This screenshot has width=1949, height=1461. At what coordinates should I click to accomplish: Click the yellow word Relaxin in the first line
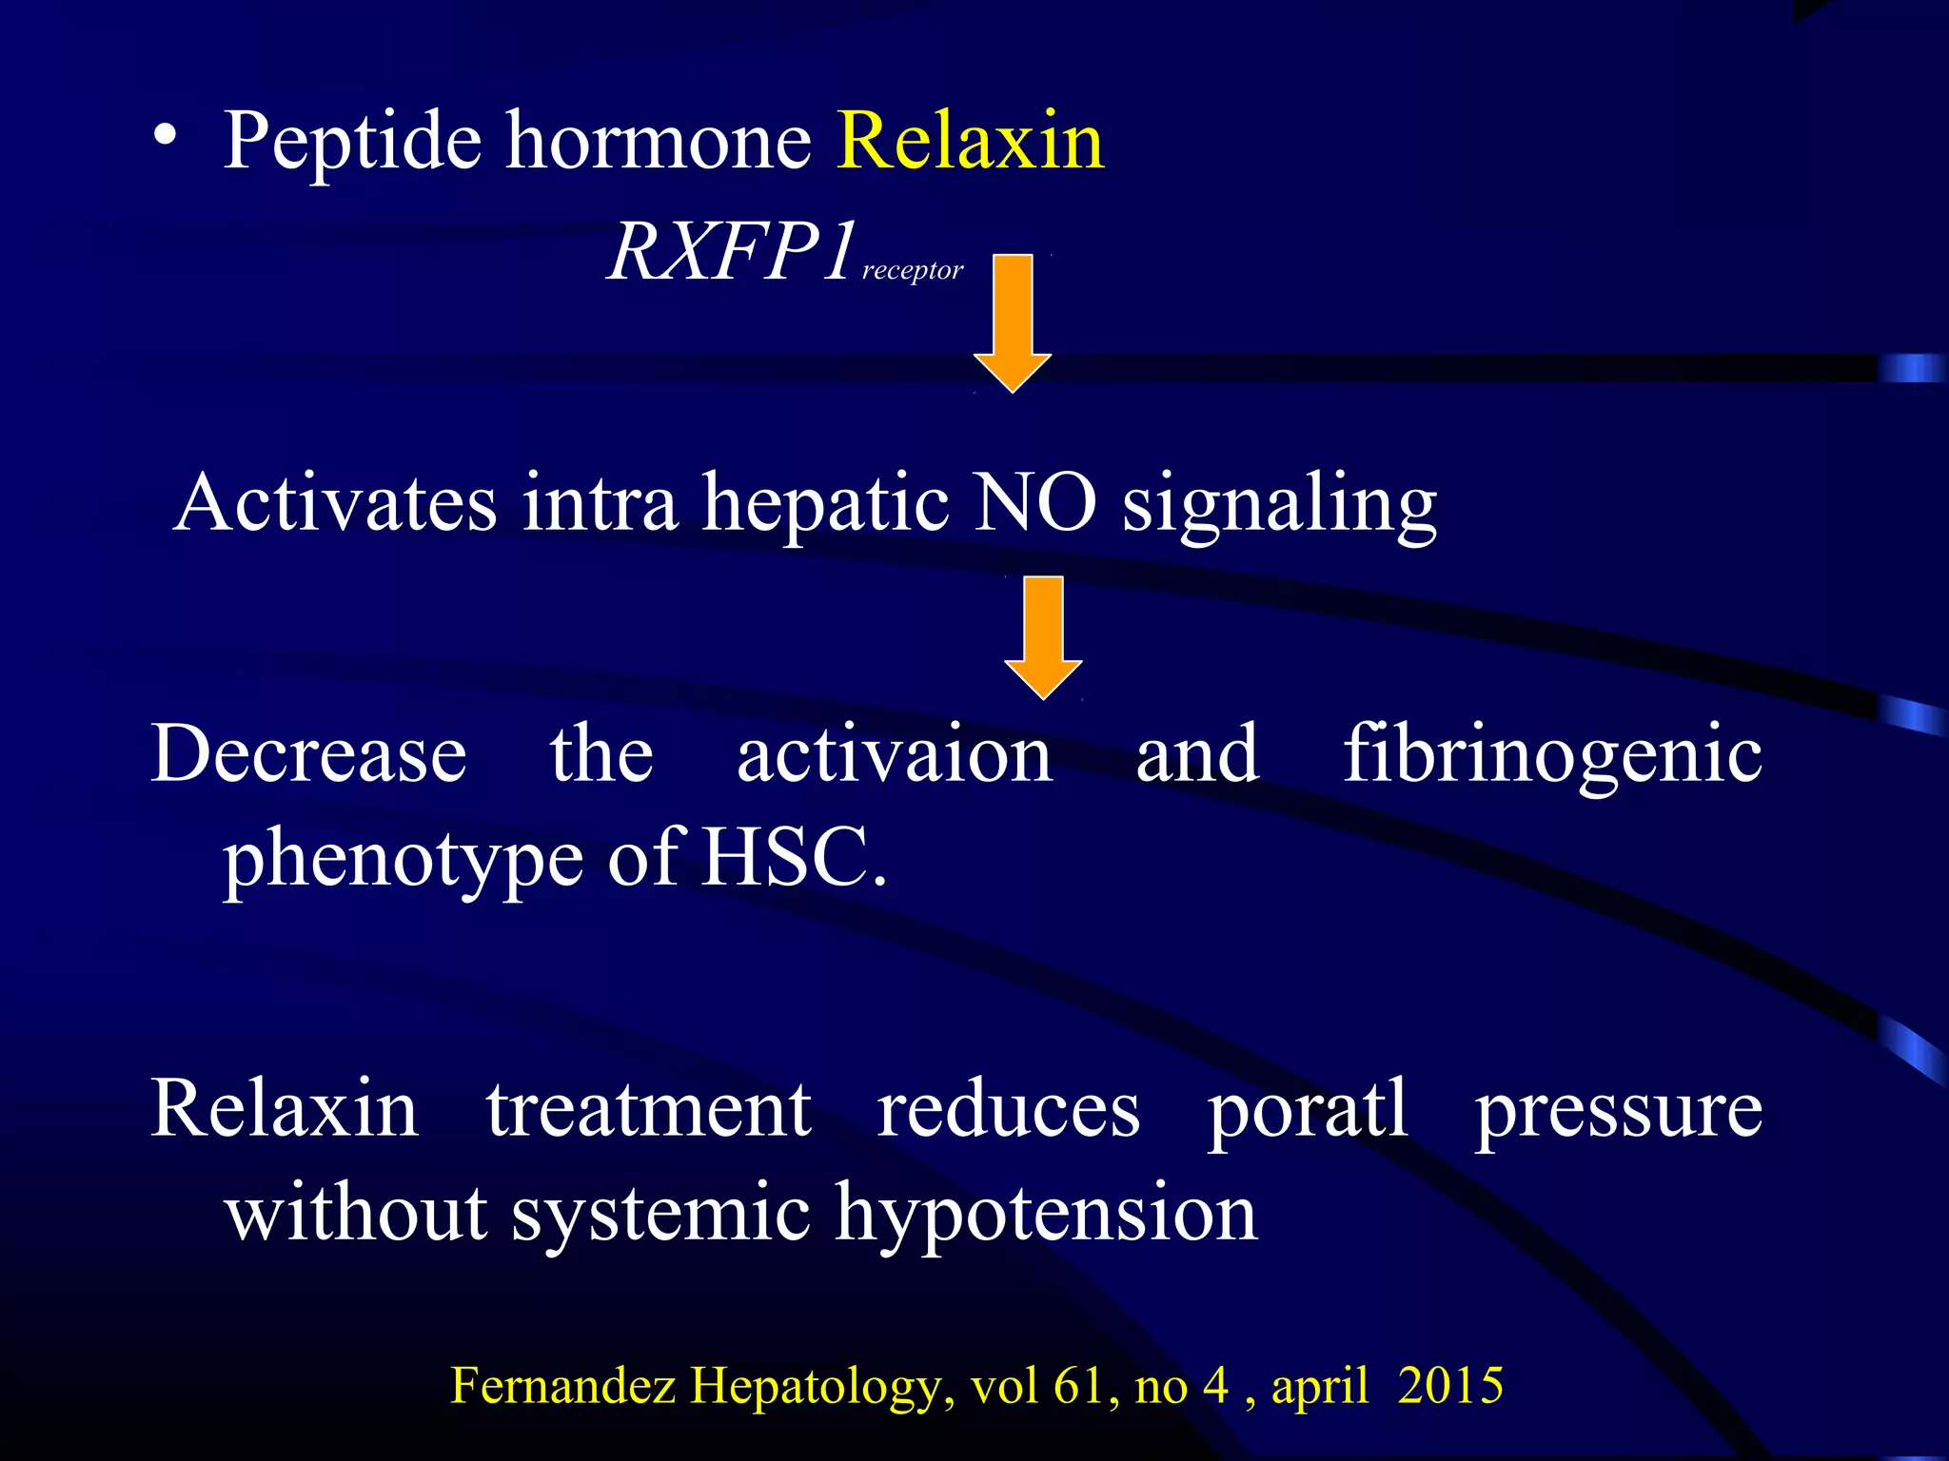click(971, 141)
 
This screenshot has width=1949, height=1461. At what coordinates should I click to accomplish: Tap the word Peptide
click(353, 143)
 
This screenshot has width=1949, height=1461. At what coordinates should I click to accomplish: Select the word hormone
click(658, 141)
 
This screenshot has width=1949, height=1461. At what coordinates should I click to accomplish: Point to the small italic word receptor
click(913, 271)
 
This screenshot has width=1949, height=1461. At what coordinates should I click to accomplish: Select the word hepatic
click(825, 504)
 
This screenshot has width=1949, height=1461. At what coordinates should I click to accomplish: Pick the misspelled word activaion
click(895, 753)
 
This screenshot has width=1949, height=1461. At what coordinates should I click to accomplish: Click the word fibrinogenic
click(1552, 755)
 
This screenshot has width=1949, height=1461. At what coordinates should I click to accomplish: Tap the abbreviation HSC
click(785, 857)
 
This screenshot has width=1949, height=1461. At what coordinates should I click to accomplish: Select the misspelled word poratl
click(1308, 1111)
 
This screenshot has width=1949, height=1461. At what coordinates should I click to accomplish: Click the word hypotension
click(1046, 1215)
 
